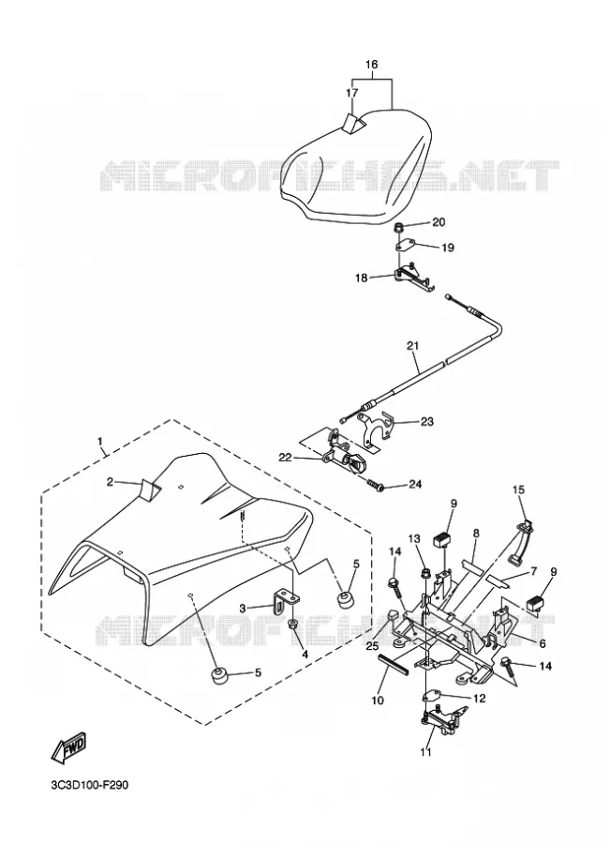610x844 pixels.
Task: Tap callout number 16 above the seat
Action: [372, 65]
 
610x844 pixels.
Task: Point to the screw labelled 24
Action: [375, 486]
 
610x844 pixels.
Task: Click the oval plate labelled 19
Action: [404, 247]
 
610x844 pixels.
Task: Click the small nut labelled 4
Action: [293, 625]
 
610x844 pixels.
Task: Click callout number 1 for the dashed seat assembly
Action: [100, 442]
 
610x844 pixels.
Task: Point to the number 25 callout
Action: [372, 646]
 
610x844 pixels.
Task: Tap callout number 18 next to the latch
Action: [362, 278]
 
